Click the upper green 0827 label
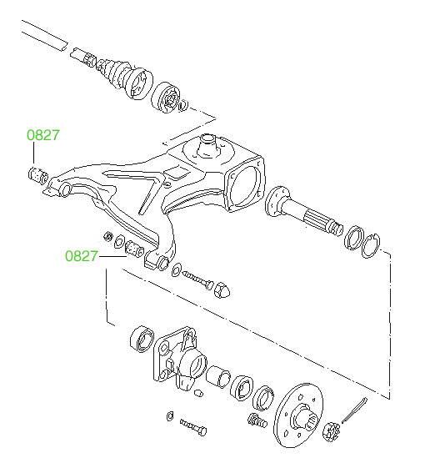tap(43, 135)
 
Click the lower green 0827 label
tap(82, 256)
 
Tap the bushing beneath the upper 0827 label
tap(37, 175)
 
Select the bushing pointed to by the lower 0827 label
tap(134, 249)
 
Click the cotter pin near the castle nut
tap(354, 410)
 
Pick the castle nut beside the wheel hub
tap(332, 431)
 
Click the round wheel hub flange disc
tap(298, 415)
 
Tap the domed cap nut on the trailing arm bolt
tap(222, 289)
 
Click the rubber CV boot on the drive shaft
tap(116, 73)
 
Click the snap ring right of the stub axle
tap(371, 245)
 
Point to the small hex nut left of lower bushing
tap(108, 237)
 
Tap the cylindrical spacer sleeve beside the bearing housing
tap(217, 377)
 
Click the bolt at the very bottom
tap(193, 427)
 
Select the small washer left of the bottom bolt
tap(169, 416)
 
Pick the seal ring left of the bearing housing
tap(142, 340)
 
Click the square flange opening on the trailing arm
tap(246, 185)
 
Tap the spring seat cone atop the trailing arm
tap(207, 146)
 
